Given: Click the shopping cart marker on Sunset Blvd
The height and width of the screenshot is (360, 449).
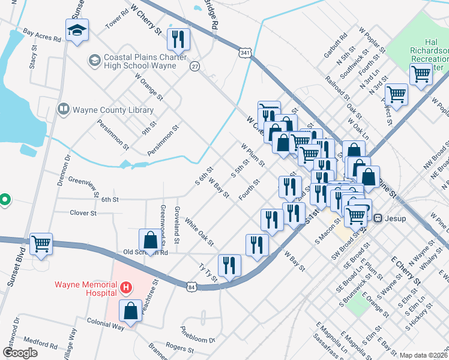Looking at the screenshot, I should click(41, 244).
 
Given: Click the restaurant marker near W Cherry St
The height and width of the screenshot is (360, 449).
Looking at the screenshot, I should click(178, 39).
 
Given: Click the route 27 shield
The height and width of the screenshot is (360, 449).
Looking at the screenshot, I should click(195, 66).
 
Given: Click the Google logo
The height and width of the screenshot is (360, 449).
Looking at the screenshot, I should click(20, 353).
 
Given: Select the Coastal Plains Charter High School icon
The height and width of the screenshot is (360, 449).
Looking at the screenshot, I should click(94, 60).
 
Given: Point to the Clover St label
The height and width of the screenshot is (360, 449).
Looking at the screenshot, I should click(83, 213).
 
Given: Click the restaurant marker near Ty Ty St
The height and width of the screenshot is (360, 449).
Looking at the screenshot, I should click(229, 265).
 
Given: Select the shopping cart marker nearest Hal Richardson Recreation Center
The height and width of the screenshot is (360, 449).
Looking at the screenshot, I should click(420, 75).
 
